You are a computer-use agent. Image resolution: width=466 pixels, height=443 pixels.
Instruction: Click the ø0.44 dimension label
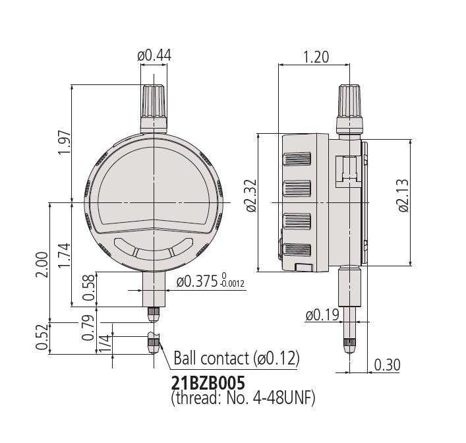click(x=154, y=55)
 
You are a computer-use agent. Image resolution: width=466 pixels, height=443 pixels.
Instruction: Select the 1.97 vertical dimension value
click(x=65, y=142)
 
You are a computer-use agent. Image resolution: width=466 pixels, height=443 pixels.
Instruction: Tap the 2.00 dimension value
click(x=42, y=264)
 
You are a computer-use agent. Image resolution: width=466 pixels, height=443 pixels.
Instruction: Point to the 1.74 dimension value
click(x=65, y=255)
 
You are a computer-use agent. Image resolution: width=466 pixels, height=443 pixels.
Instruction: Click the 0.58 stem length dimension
click(x=88, y=287)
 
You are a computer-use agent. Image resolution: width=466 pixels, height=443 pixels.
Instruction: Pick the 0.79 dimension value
click(x=88, y=328)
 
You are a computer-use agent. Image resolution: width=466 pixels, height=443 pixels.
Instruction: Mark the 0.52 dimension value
click(x=42, y=337)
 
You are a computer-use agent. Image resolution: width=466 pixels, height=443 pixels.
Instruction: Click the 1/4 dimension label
click(x=105, y=343)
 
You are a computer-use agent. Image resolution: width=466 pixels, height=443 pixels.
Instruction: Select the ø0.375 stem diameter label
click(x=197, y=281)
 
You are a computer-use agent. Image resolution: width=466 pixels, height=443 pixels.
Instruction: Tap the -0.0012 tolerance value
click(x=232, y=285)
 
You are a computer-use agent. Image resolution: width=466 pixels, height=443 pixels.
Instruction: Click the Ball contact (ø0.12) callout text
click(x=237, y=358)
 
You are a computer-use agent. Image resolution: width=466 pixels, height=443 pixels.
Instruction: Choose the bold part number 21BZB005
click(x=208, y=383)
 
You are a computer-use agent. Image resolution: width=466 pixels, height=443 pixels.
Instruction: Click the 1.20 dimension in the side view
click(x=316, y=57)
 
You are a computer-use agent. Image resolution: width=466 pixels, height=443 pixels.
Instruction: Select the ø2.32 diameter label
click(x=251, y=196)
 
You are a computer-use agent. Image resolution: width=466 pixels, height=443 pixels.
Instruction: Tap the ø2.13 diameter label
click(x=403, y=196)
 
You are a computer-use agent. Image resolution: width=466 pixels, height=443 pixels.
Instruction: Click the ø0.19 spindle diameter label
click(x=322, y=315)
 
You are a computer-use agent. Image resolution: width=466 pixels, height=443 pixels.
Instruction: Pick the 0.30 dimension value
click(x=388, y=365)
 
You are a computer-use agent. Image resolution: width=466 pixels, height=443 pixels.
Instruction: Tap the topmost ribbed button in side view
click(x=297, y=159)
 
